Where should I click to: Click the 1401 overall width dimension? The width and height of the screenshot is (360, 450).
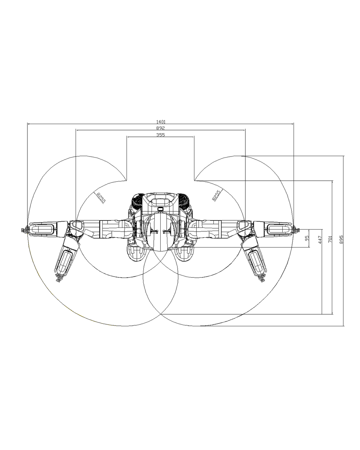tap(161, 122)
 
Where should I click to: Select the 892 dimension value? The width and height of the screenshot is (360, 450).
tap(160, 128)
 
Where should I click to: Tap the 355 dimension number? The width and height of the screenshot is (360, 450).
tap(160, 135)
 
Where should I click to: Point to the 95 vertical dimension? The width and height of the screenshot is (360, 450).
tap(307, 238)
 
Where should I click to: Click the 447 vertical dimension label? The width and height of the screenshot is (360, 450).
tap(320, 240)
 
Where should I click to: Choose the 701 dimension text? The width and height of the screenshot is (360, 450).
tap(330, 239)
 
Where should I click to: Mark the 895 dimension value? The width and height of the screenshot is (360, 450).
tap(341, 239)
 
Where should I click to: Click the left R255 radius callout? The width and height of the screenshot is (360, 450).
tap(101, 198)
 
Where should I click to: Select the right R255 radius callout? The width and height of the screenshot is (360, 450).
tap(217, 195)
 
